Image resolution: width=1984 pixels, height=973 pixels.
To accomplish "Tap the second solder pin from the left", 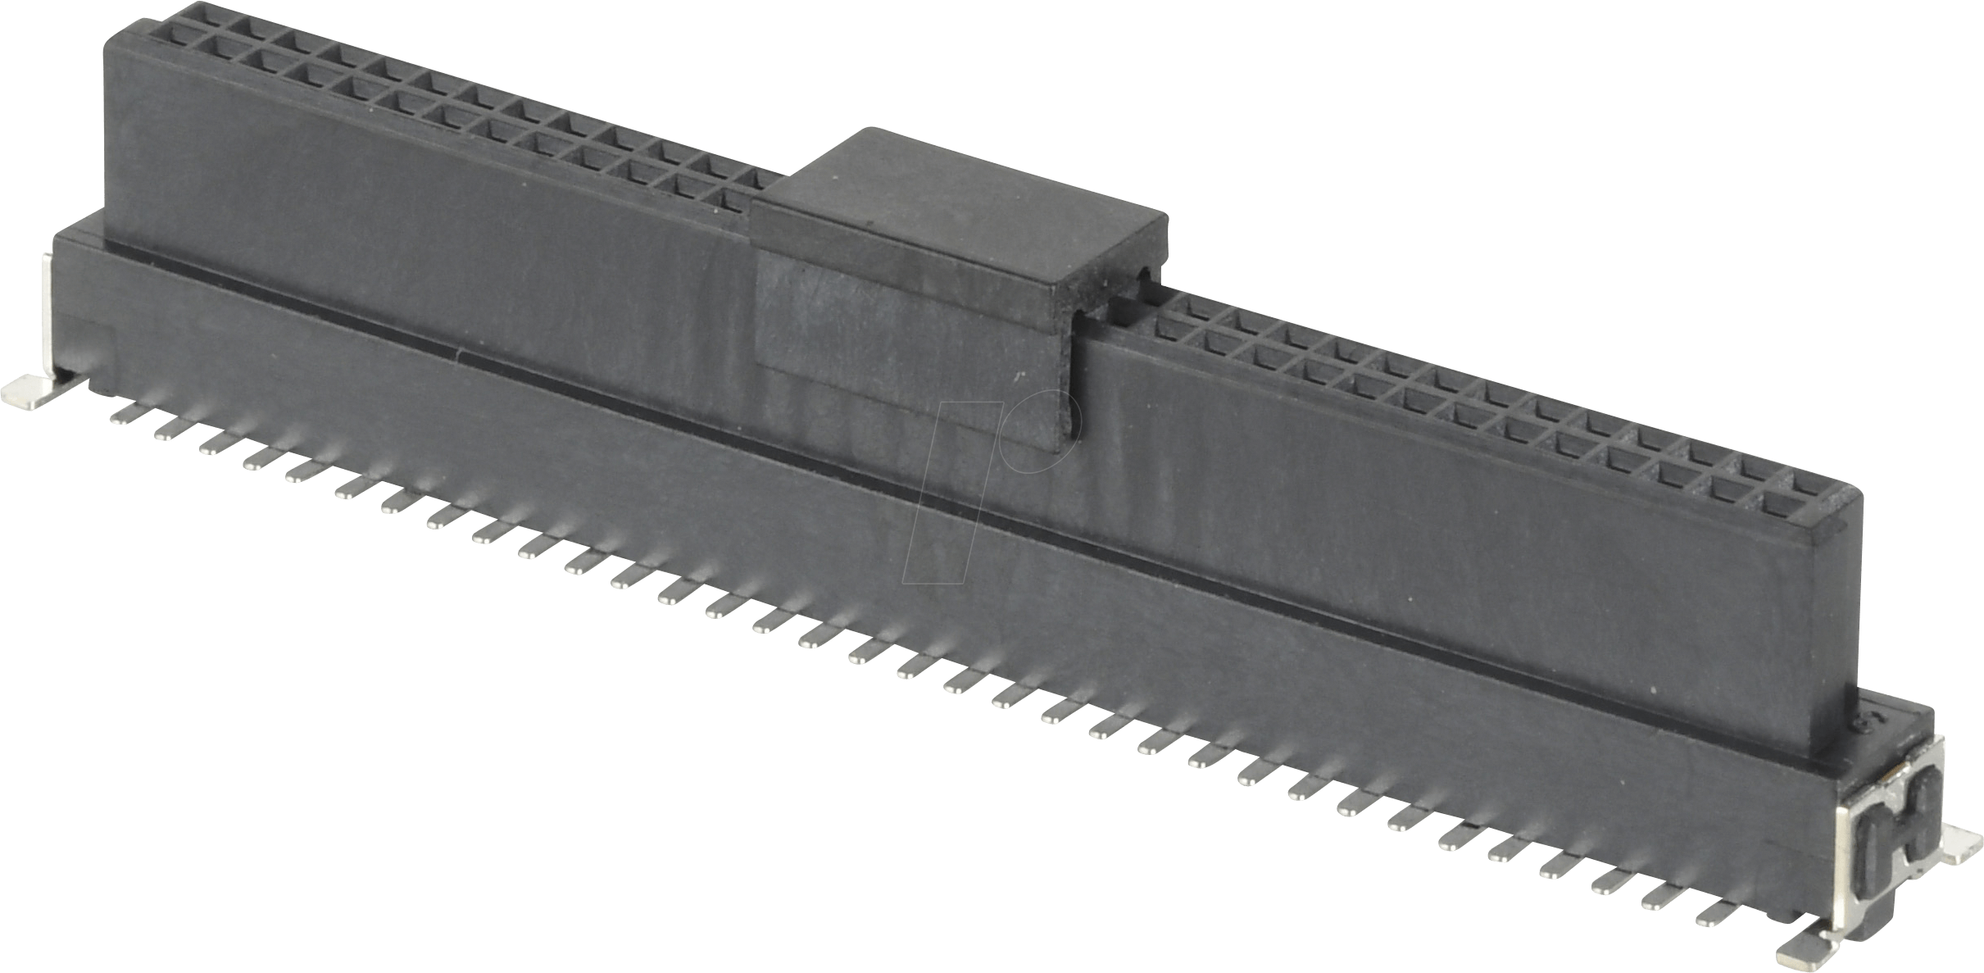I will [168, 427].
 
